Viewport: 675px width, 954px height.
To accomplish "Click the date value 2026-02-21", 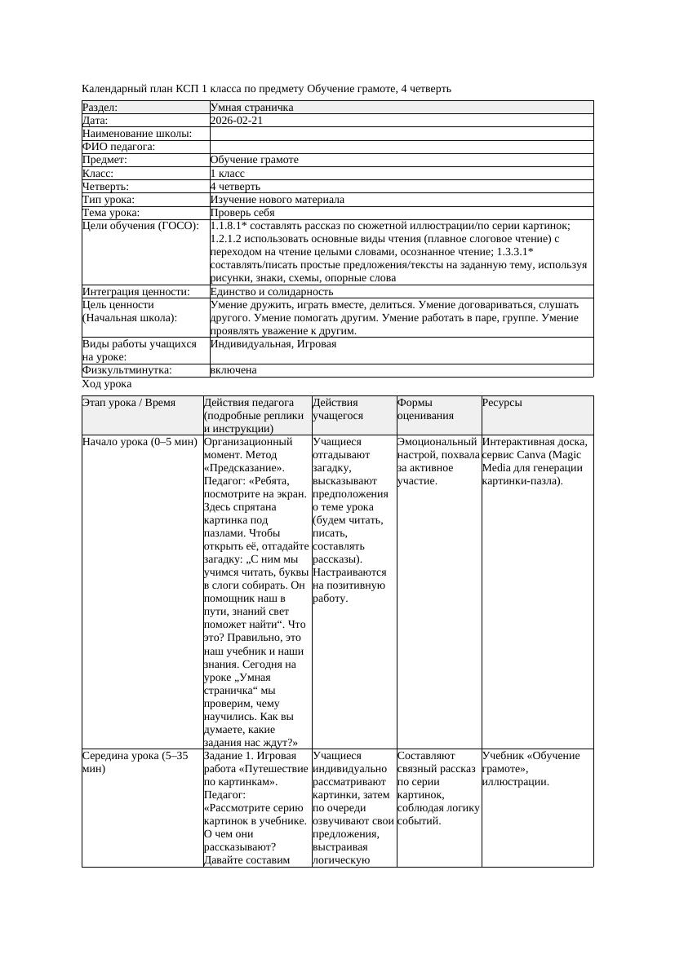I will pyautogui.click(x=237, y=121).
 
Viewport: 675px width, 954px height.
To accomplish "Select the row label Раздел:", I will pyautogui.click(x=100, y=108).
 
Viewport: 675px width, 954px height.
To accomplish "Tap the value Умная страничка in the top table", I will pyautogui.click(x=252, y=108).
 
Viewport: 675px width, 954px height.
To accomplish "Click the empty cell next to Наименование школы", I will pyautogui.click(x=400, y=134).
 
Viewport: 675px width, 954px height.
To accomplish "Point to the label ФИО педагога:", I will pyautogui.click(x=119, y=147).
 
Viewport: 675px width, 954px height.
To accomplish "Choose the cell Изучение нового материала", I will pyautogui.click(x=278, y=199).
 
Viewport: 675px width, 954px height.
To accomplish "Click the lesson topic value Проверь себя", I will pyautogui.click(x=242, y=212).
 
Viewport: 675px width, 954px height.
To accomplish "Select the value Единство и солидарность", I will pyautogui.click(x=272, y=291).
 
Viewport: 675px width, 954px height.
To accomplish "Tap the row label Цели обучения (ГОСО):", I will pyautogui.click(x=140, y=226).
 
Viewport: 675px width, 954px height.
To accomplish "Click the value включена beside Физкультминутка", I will pyautogui.click(x=233, y=370).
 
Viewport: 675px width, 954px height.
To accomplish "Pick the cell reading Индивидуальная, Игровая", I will pyautogui.click(x=273, y=344).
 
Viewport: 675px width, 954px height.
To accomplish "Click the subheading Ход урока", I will pyautogui.click(x=107, y=384).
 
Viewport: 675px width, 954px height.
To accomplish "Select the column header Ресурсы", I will pyautogui.click(x=502, y=403).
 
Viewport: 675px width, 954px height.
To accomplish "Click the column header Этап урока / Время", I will pyautogui.click(x=129, y=403).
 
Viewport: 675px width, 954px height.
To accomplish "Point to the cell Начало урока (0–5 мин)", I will pyautogui.click(x=140, y=442).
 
